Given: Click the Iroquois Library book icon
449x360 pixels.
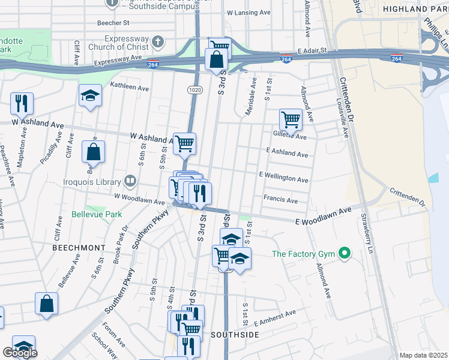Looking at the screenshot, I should (130, 181).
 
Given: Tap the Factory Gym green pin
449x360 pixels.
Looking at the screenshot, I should (345, 254).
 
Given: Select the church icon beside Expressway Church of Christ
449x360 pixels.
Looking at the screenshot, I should (157, 42).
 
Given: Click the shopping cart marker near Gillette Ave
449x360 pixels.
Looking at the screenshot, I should (291, 119).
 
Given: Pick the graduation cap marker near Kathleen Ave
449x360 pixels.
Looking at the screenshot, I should (90, 95).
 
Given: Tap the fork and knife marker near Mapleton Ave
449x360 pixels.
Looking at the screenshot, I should (22, 103).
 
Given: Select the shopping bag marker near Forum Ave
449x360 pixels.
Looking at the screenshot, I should (46, 304).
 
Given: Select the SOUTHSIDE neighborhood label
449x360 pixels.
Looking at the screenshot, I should (235, 334).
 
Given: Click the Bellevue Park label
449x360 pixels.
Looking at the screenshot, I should (97, 214).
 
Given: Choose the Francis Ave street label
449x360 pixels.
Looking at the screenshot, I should (280, 200).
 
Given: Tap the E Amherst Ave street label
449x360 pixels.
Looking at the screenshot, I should (275, 316).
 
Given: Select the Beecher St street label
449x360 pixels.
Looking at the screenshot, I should (113, 23).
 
